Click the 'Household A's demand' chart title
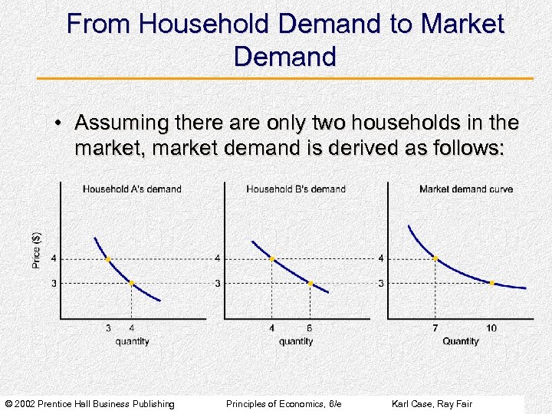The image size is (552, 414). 132,189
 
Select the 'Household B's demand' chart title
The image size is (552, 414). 296,189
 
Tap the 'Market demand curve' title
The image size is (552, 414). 466,189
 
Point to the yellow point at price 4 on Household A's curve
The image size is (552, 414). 107,259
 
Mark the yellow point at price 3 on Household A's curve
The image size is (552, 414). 131,283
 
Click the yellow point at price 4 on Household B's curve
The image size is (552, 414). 272,259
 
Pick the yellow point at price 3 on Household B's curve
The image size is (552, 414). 310,283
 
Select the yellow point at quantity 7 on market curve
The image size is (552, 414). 435,259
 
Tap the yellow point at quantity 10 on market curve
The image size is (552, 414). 491,283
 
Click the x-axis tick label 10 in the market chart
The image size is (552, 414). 491,328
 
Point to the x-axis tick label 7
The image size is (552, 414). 435,328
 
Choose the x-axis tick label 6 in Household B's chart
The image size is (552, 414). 310,328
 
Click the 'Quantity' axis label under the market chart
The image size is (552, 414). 460,341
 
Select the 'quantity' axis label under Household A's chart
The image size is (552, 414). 132,341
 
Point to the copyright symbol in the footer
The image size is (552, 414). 8,403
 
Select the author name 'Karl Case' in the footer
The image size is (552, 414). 412,403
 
